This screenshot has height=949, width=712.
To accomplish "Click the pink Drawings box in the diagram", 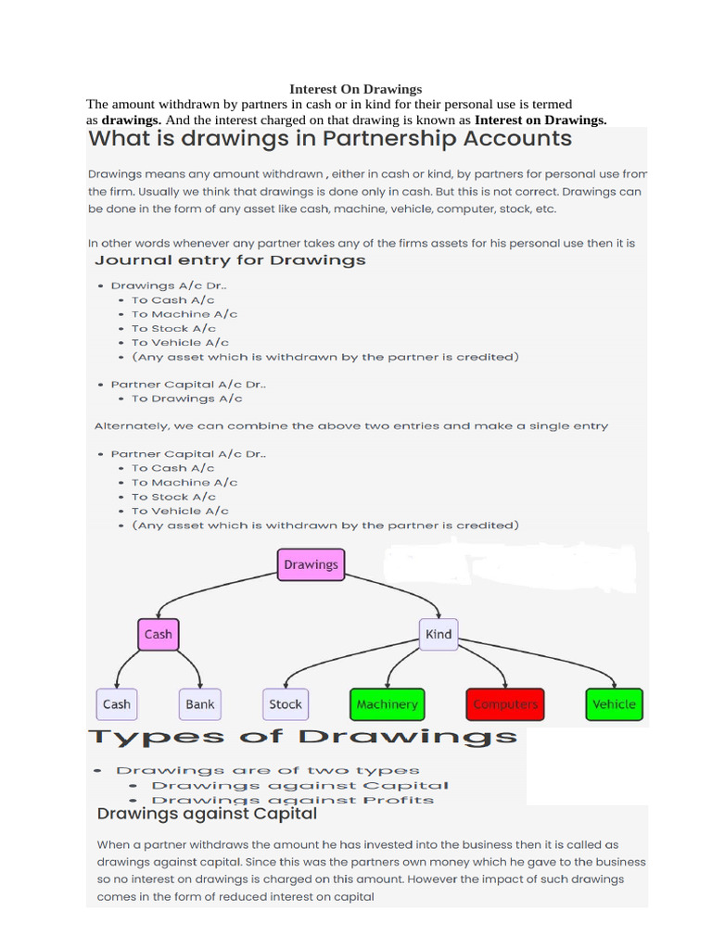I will click(x=311, y=564).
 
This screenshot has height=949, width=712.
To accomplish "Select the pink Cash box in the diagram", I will click(x=158, y=634).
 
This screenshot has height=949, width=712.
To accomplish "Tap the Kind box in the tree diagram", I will click(x=439, y=634).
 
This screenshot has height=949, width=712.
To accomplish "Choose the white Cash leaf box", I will click(x=117, y=704).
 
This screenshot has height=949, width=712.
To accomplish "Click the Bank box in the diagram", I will click(x=199, y=704).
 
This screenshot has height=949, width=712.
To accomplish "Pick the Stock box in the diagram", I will click(x=285, y=704).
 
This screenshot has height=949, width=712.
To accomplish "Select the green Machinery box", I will click(x=387, y=704).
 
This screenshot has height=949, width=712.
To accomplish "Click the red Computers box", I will click(x=505, y=704).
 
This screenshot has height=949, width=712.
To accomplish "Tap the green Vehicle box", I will click(x=614, y=704).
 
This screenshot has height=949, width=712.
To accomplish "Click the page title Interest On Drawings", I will click(x=356, y=89).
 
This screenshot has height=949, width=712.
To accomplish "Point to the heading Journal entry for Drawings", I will click(x=231, y=260).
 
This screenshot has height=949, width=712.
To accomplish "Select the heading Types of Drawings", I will click(x=302, y=738).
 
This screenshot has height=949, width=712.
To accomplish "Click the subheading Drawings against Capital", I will click(x=207, y=815).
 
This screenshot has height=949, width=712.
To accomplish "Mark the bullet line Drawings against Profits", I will click(x=292, y=800).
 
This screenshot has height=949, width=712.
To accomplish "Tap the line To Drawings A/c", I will click(x=186, y=399).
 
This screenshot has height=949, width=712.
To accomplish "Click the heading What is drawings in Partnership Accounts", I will click(x=330, y=140).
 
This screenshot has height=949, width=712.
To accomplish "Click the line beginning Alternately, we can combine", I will click(x=351, y=426).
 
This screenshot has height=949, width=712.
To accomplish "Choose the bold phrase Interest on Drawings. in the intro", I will click(x=540, y=120).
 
